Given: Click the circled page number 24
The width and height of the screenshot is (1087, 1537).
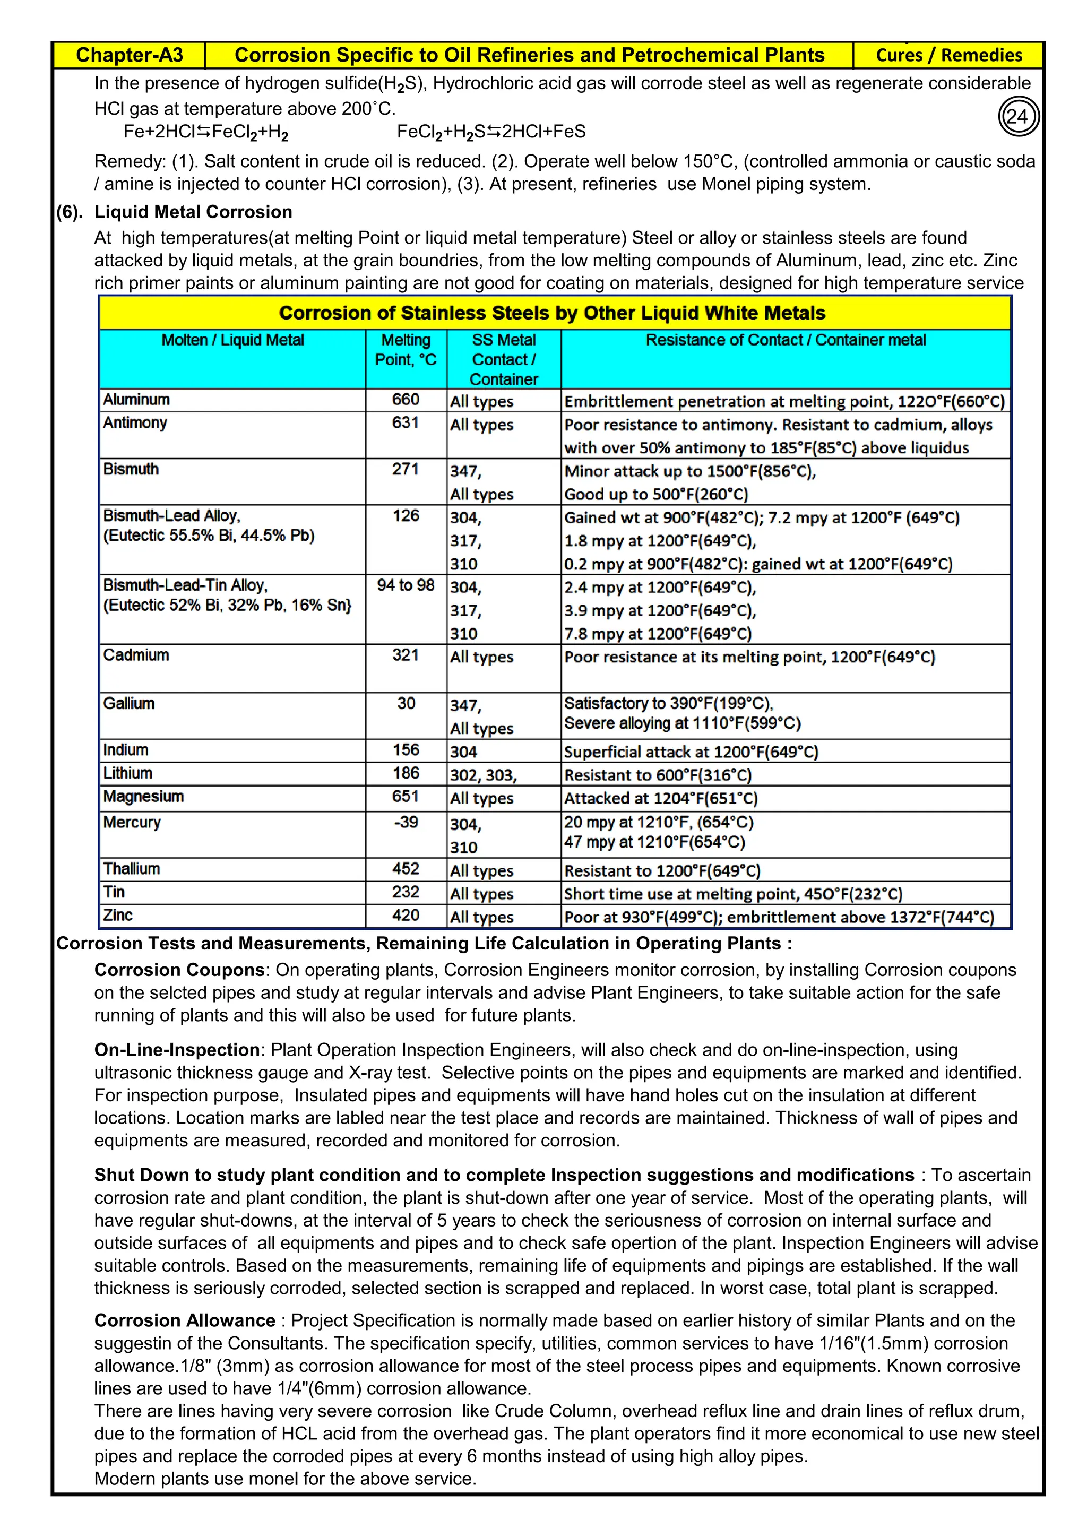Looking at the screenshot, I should [x=1018, y=116].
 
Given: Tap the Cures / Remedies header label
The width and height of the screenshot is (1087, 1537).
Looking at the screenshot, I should [x=948, y=55].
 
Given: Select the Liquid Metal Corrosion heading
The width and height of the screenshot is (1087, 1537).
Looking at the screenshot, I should [x=193, y=212].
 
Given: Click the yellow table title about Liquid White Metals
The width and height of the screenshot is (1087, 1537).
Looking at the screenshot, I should [x=552, y=313].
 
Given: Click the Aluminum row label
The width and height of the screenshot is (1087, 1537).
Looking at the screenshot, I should [x=136, y=400].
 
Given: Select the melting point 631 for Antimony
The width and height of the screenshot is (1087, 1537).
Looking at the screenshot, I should [x=406, y=423].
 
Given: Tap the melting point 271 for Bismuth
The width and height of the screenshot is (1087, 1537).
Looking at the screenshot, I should [x=406, y=469].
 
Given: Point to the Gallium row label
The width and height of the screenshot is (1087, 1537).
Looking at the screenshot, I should [x=128, y=704].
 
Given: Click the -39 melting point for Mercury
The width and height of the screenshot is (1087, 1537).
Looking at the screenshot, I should [x=406, y=822].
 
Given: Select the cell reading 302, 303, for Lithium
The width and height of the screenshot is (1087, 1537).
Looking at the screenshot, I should [x=484, y=775].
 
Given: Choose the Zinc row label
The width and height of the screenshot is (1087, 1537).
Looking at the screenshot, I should [x=118, y=915].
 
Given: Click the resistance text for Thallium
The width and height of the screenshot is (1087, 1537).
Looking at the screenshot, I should [x=662, y=871].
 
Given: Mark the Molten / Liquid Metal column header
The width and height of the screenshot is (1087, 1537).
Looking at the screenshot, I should [x=232, y=340].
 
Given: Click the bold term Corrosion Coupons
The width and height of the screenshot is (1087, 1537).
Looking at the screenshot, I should [x=179, y=970].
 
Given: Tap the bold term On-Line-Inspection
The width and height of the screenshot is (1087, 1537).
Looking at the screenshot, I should [x=177, y=1050].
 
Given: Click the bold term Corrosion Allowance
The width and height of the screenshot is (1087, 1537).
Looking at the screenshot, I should [x=185, y=1320].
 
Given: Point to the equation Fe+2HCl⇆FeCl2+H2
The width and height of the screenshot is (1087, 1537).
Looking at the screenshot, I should [x=205, y=132].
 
